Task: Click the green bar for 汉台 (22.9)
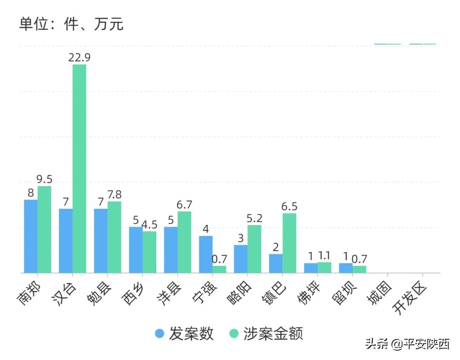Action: [79, 168]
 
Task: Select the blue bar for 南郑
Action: [31, 236]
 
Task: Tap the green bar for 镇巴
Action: [289, 243]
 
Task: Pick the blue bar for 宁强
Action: [206, 254]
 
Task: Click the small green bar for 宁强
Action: [219, 269]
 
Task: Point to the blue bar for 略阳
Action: [241, 259]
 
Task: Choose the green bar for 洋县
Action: [184, 242]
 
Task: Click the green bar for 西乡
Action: [149, 252]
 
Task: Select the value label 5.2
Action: [254, 218]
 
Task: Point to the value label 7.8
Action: [114, 195]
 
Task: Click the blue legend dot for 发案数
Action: [159, 334]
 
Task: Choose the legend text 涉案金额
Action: [273, 334]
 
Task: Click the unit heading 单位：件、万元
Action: [71, 24]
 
